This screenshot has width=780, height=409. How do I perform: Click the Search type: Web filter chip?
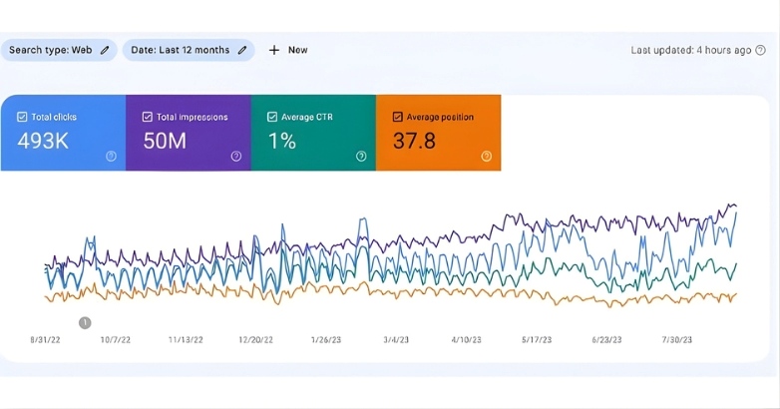pyautogui.click(x=58, y=50)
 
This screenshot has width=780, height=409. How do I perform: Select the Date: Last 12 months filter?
pyautogui.click(x=188, y=50)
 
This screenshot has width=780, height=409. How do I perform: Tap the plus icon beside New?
pyautogui.click(x=274, y=50)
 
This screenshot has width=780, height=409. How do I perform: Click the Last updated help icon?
pyautogui.click(x=762, y=50)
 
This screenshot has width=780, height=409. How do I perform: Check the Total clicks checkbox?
pyautogui.click(x=22, y=117)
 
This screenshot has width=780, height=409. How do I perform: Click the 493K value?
pyautogui.click(x=43, y=141)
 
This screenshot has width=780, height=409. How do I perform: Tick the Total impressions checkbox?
pyautogui.click(x=148, y=117)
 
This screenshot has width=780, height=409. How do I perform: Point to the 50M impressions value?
pyautogui.click(x=165, y=141)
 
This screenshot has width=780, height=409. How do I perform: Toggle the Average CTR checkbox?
pyautogui.click(x=272, y=117)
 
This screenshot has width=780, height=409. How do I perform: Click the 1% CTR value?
pyautogui.click(x=281, y=141)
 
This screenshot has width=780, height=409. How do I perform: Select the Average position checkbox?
pyautogui.click(x=398, y=117)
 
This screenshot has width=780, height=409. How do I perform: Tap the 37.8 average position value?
pyautogui.click(x=414, y=141)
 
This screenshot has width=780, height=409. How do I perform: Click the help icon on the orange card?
pyautogui.click(x=486, y=156)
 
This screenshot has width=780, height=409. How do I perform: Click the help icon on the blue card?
pyautogui.click(x=111, y=156)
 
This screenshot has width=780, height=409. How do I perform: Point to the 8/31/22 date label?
pyautogui.click(x=47, y=339)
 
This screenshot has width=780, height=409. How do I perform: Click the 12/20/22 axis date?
pyautogui.click(x=256, y=339)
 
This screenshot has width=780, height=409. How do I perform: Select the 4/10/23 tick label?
pyautogui.click(x=466, y=339)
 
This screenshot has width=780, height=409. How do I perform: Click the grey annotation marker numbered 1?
pyautogui.click(x=85, y=322)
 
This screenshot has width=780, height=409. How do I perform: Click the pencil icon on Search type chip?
pyautogui.click(x=105, y=50)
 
